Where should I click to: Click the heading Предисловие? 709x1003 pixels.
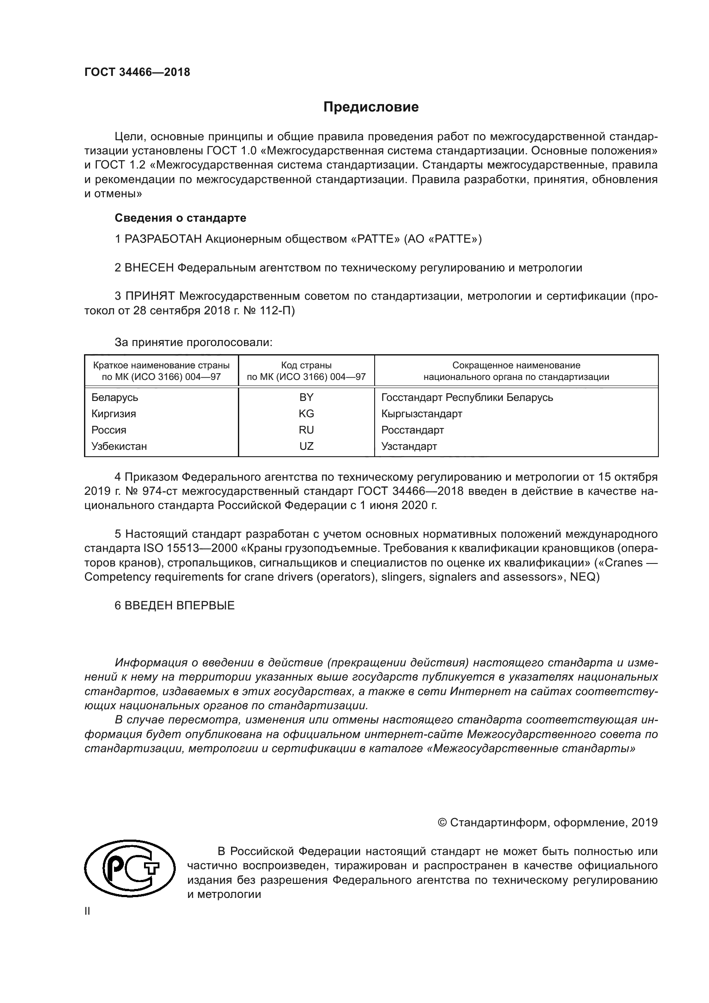pyautogui.click(x=371, y=107)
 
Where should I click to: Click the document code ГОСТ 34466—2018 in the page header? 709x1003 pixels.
pyautogui.click(x=137, y=72)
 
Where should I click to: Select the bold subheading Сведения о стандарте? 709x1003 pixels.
pyautogui.click(x=180, y=217)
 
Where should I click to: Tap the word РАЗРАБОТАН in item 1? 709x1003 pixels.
pyautogui.click(x=163, y=239)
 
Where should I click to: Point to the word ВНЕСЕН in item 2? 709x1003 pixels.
pyautogui.click(x=149, y=268)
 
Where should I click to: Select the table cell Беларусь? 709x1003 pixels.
pyautogui.click(x=115, y=398)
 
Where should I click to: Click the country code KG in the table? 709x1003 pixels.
pyautogui.click(x=306, y=414)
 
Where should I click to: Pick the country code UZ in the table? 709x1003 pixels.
pyautogui.click(x=306, y=446)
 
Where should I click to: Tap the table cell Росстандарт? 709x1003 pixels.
pyautogui.click(x=412, y=430)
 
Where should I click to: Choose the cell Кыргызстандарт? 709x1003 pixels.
pyautogui.click(x=422, y=414)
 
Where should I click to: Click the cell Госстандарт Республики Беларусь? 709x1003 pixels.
pyautogui.click(x=467, y=398)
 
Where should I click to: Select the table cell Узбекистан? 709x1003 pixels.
pyautogui.click(x=119, y=446)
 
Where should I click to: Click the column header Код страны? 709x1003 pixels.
pyautogui.click(x=306, y=365)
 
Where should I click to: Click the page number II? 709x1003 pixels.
pyautogui.click(x=87, y=911)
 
